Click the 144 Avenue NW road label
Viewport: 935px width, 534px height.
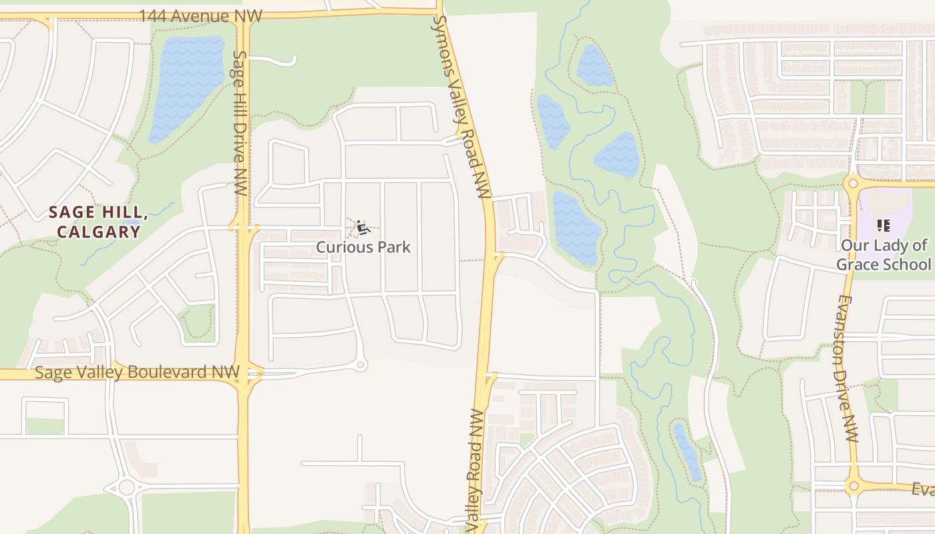200,15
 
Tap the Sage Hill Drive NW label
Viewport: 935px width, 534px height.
240,123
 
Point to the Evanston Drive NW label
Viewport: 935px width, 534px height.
846,369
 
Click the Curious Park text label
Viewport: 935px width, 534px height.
363,247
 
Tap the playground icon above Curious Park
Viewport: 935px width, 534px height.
363,228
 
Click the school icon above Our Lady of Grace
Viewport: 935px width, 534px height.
883,226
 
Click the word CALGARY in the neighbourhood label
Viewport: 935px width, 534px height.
98,232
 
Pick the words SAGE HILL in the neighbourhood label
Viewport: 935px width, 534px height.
98,213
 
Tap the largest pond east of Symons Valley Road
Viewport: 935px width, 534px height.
576,227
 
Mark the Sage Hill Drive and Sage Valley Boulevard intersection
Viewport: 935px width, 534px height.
244,373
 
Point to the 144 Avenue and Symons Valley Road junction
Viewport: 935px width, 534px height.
439,10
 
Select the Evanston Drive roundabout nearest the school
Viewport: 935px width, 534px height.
852,183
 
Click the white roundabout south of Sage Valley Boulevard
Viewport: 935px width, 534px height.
127,487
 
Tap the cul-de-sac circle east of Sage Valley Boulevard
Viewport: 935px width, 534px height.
361,365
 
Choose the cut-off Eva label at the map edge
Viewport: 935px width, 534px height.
923,489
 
